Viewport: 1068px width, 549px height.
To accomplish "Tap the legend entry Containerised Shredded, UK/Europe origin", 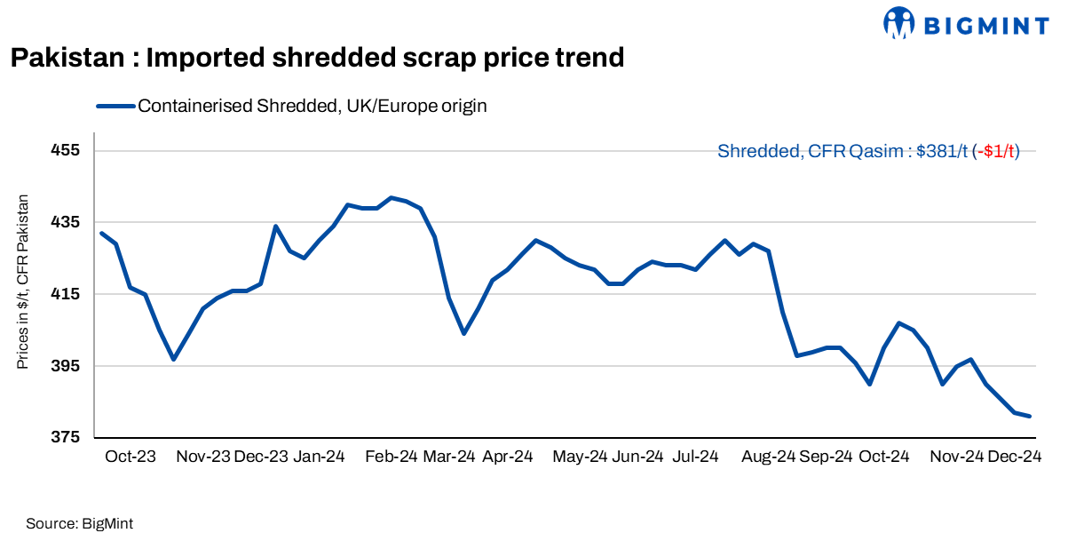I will (312, 106).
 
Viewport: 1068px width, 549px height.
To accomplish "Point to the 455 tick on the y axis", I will (66, 150).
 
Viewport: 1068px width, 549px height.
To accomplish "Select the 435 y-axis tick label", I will (66, 222).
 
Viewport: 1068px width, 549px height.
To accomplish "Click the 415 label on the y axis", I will (66, 294).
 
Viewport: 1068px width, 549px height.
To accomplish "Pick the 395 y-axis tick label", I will (66, 366).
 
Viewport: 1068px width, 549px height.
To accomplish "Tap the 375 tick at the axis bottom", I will (66, 438).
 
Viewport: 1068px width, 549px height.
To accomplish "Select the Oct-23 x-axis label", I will (131, 457).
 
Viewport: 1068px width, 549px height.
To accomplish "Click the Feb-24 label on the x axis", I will (391, 457).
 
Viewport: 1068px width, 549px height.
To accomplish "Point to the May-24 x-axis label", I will (580, 457).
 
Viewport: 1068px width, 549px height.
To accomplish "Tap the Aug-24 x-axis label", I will (768, 457).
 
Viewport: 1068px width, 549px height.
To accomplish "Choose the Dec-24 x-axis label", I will (1014, 457).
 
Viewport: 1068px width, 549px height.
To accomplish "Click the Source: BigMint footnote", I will (80, 524).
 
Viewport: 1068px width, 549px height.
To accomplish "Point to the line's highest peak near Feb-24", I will (391, 197).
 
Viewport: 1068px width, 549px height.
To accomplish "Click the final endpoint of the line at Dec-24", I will (1029, 416).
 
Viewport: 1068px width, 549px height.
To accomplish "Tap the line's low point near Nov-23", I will (174, 359).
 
